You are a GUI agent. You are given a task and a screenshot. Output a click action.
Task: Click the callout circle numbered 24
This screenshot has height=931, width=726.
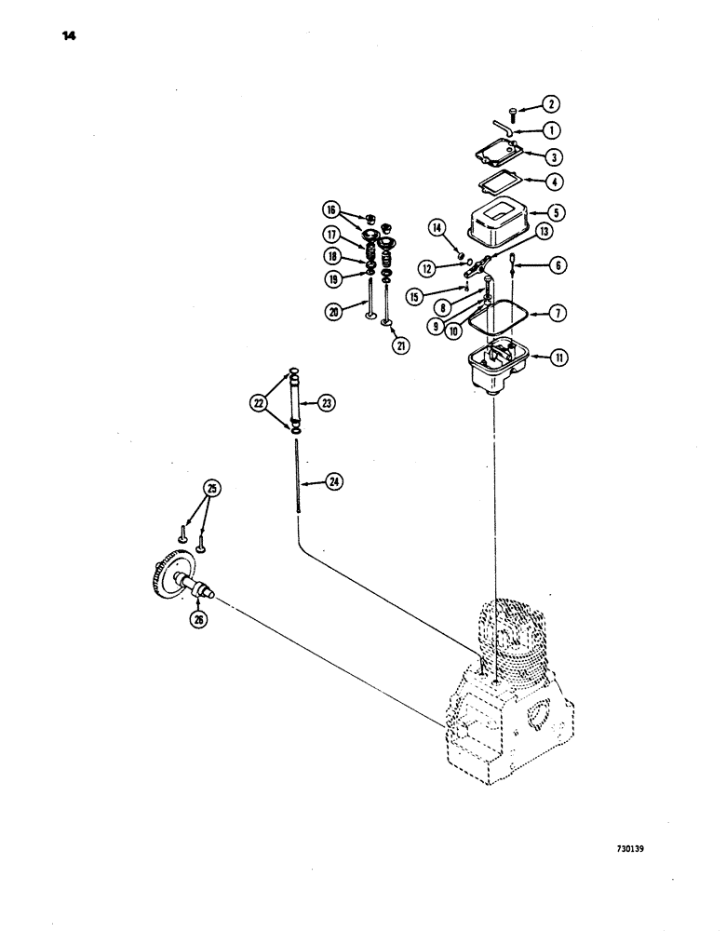[x=334, y=481]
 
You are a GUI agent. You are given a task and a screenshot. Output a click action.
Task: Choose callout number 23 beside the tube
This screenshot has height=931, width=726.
[x=327, y=403]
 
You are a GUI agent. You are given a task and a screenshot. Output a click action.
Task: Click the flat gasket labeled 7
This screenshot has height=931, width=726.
[x=499, y=316]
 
